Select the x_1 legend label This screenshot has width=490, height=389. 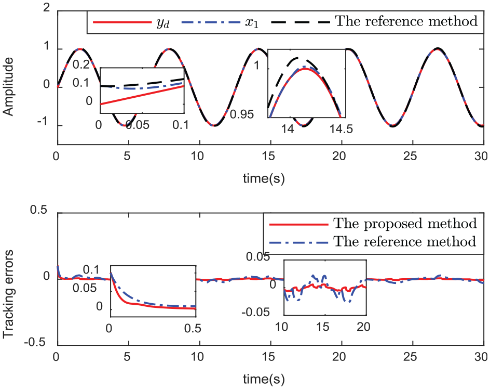coord(252,23)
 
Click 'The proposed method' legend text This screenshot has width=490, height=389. coord(405,224)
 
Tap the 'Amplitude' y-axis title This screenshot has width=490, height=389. coord(8,87)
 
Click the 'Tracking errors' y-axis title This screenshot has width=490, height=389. coord(8,294)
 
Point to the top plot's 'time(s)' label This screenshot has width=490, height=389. coord(264,178)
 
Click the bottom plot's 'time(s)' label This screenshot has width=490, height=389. coord(264,379)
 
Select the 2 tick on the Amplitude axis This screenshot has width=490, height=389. coord(47,7)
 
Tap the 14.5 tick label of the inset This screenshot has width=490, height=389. coord(341,129)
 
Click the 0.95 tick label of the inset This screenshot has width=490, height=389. coord(242,114)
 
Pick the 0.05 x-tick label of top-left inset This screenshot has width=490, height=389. coord(138,125)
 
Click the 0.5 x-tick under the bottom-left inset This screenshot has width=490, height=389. coord(193,328)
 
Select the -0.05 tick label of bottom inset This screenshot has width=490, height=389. coord(255,312)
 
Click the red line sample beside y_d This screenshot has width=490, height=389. coord(122,22)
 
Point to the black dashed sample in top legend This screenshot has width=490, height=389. coord(301,22)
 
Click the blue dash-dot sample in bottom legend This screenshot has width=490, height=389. coord(299,242)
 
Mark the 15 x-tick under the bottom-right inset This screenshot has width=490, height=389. coord(323,327)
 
